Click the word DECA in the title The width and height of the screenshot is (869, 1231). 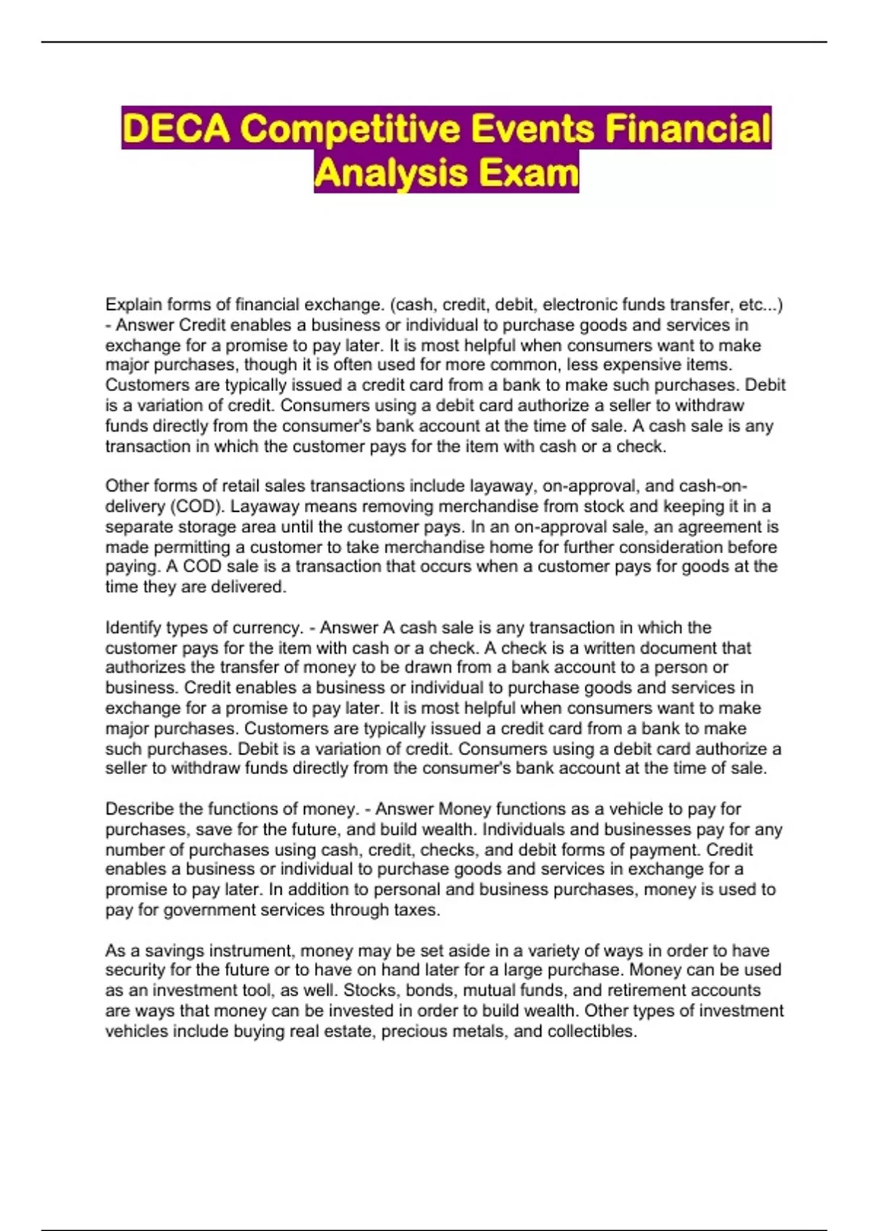click(176, 129)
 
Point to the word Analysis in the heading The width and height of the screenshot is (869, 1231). click(387, 173)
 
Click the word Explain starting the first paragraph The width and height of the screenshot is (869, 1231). click(133, 305)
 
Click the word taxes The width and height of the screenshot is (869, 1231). click(418, 910)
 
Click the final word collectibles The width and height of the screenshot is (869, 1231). click(592, 1031)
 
